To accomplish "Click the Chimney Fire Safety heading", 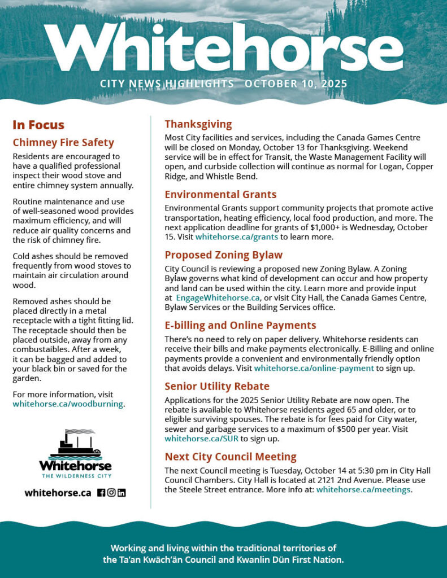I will (x=63, y=143).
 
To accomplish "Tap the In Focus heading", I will (x=38, y=125).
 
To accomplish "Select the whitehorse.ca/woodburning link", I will (x=68, y=404).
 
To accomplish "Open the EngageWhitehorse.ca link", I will (x=218, y=298).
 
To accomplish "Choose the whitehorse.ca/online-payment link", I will (x=314, y=368).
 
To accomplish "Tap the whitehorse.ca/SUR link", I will (x=201, y=439).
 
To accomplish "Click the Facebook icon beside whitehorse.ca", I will (x=101, y=493).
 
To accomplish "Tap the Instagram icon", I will (x=111, y=493).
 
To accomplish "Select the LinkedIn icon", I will (x=121, y=493).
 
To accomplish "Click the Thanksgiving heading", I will (x=198, y=124).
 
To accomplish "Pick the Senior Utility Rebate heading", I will (x=217, y=387).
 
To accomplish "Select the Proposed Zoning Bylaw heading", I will (x=223, y=255).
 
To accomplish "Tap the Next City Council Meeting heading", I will (x=230, y=457).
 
